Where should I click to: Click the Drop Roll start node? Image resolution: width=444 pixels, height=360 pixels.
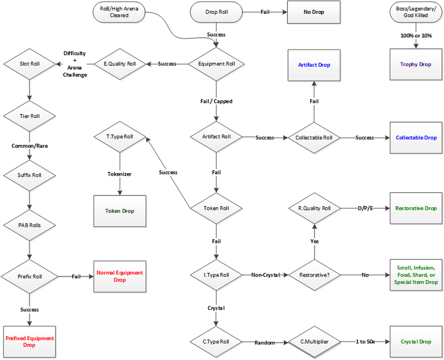point(217,12)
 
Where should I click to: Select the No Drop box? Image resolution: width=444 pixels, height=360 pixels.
point(313,13)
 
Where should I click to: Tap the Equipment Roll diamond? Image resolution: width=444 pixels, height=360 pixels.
point(217,64)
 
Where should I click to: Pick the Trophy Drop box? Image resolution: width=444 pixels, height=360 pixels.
point(416,64)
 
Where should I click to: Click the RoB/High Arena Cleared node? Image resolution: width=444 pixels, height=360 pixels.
point(119,13)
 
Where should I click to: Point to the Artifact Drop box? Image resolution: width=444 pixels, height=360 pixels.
point(313,64)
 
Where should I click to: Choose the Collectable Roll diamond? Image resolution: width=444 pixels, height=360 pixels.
point(313,138)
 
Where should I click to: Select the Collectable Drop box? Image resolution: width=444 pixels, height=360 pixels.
point(416,138)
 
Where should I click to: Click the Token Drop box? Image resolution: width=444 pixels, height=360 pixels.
point(120,211)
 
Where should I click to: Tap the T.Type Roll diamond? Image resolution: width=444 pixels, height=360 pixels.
point(120,137)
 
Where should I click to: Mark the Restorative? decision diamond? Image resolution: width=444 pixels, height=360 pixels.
point(313,275)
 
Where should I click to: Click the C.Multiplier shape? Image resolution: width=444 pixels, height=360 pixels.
point(313,342)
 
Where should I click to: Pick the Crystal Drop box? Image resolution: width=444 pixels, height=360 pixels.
point(416,342)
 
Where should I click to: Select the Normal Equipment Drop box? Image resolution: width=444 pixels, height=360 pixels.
point(120,276)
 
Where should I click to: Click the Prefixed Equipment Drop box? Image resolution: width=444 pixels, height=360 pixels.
point(29,342)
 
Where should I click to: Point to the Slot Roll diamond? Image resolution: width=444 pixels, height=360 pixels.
point(29,64)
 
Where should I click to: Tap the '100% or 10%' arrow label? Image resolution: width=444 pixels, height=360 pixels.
point(416,36)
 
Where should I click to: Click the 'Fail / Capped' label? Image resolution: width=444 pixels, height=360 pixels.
point(217,101)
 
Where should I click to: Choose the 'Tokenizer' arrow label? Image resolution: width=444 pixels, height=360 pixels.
point(120,174)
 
